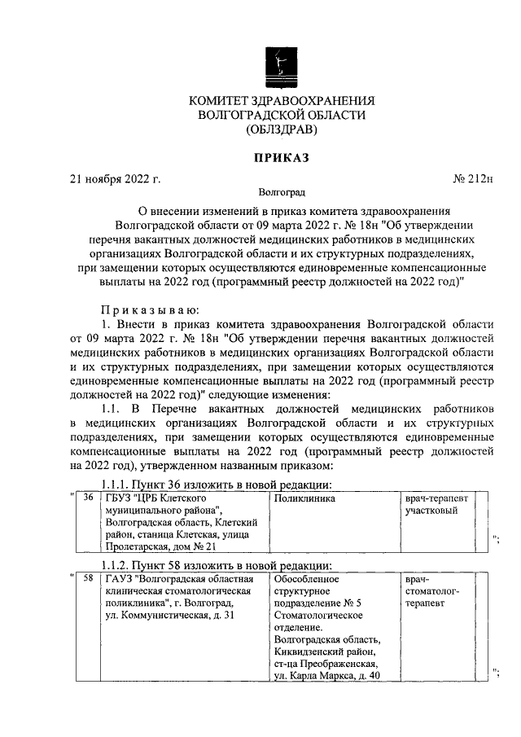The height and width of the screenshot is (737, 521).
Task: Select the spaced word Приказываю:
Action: [145, 309]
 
